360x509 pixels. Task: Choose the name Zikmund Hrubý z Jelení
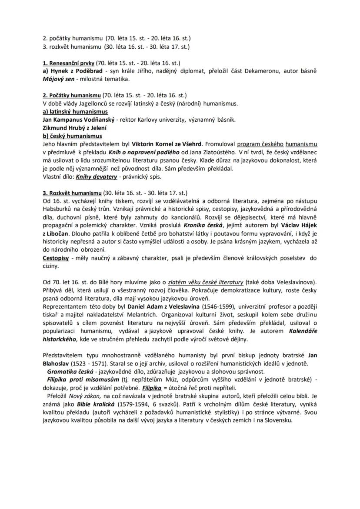(x=75, y=128)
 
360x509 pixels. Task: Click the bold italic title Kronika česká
(x=203, y=226)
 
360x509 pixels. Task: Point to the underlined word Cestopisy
(x=57, y=258)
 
